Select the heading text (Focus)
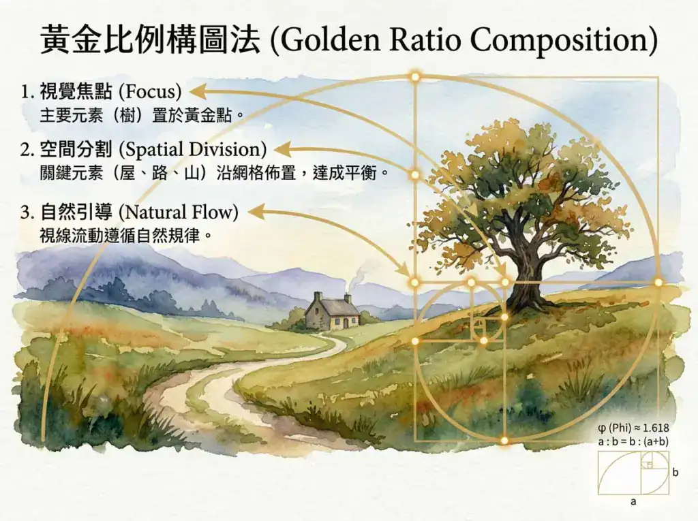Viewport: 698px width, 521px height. pos(151,92)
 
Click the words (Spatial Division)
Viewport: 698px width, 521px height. pos(193,150)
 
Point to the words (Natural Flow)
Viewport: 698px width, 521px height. pos(179,212)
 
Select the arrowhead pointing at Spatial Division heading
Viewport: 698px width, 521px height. pos(282,150)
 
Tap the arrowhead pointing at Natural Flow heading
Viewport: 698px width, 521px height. pos(256,212)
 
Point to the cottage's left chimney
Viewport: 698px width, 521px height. pos(318,296)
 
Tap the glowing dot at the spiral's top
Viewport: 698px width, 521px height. pos(415,77)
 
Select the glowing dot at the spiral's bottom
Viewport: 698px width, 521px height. pos(504,441)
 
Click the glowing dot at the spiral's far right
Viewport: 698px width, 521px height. pos(658,282)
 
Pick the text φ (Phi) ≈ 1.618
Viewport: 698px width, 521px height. pos(633,428)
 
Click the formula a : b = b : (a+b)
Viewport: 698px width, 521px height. pos(633,442)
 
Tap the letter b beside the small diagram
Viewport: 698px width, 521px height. pos(676,472)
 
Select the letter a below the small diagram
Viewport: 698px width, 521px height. pos(633,502)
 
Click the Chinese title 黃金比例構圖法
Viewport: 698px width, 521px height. pos(150,40)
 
